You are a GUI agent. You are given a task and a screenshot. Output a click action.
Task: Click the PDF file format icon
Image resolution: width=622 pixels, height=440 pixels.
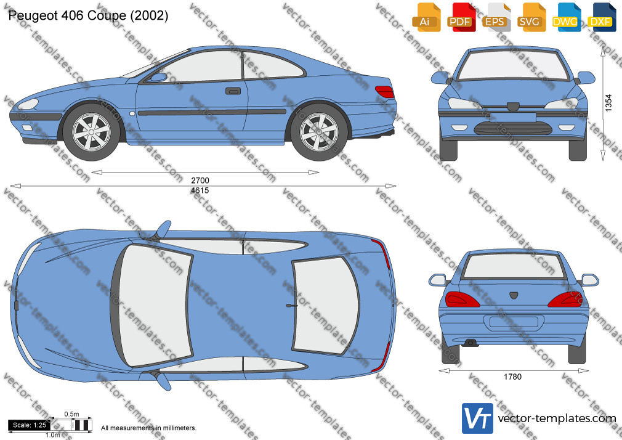click(x=461, y=17)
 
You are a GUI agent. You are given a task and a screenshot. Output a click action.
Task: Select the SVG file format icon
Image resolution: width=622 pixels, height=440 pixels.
click(x=531, y=17)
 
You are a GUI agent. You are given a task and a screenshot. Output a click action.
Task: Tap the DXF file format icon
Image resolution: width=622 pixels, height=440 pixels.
click(x=602, y=17)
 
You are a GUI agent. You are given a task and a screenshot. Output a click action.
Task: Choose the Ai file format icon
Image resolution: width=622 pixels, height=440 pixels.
click(x=426, y=17)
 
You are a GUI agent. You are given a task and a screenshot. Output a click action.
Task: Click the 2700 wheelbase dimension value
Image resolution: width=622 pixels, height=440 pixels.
click(x=200, y=181)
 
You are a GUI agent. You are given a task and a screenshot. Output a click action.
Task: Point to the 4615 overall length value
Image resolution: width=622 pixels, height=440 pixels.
click(x=200, y=190)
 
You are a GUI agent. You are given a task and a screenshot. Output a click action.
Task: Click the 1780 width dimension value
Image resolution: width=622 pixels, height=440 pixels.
click(x=512, y=377)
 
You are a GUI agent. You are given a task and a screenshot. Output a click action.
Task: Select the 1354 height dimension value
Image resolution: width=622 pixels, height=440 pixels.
click(x=609, y=103)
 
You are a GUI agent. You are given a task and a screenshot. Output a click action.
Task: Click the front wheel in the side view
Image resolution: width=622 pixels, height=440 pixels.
click(x=91, y=132)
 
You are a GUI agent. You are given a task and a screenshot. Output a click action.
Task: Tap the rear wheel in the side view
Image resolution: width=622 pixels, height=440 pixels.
click(x=319, y=132)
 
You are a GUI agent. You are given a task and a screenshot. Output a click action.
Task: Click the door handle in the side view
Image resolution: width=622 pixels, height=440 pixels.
click(x=233, y=91)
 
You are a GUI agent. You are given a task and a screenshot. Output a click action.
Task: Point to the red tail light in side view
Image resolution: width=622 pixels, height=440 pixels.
click(x=385, y=92)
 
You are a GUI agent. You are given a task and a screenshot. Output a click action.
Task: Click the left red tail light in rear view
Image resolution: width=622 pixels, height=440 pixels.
click(x=462, y=299)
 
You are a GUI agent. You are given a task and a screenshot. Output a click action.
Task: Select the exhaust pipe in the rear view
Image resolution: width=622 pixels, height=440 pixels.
click(x=471, y=343)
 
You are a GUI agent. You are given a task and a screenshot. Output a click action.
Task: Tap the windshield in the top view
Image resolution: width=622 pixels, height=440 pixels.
click(x=155, y=305)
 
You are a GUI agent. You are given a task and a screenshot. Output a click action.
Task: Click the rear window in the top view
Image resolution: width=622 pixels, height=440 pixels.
click(x=325, y=306)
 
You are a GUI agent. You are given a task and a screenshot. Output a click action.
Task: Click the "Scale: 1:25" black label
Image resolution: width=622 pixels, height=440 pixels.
click(x=30, y=425)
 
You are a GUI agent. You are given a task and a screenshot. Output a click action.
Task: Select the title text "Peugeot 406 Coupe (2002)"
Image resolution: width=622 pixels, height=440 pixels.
click(x=88, y=15)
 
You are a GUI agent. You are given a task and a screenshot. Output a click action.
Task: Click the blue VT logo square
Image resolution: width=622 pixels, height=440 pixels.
click(x=477, y=418)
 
